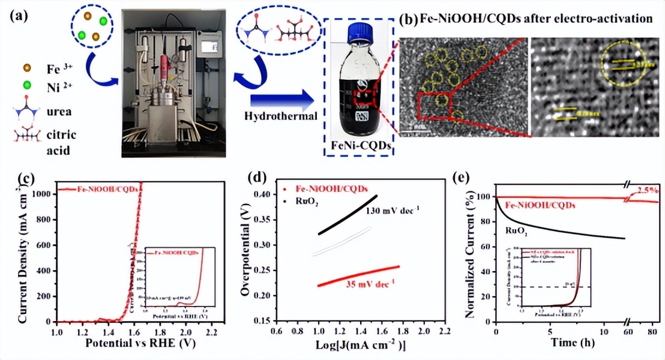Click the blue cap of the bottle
coord(359,29)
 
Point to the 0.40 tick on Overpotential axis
coord(262,194)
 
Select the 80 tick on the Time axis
coord(651,331)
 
